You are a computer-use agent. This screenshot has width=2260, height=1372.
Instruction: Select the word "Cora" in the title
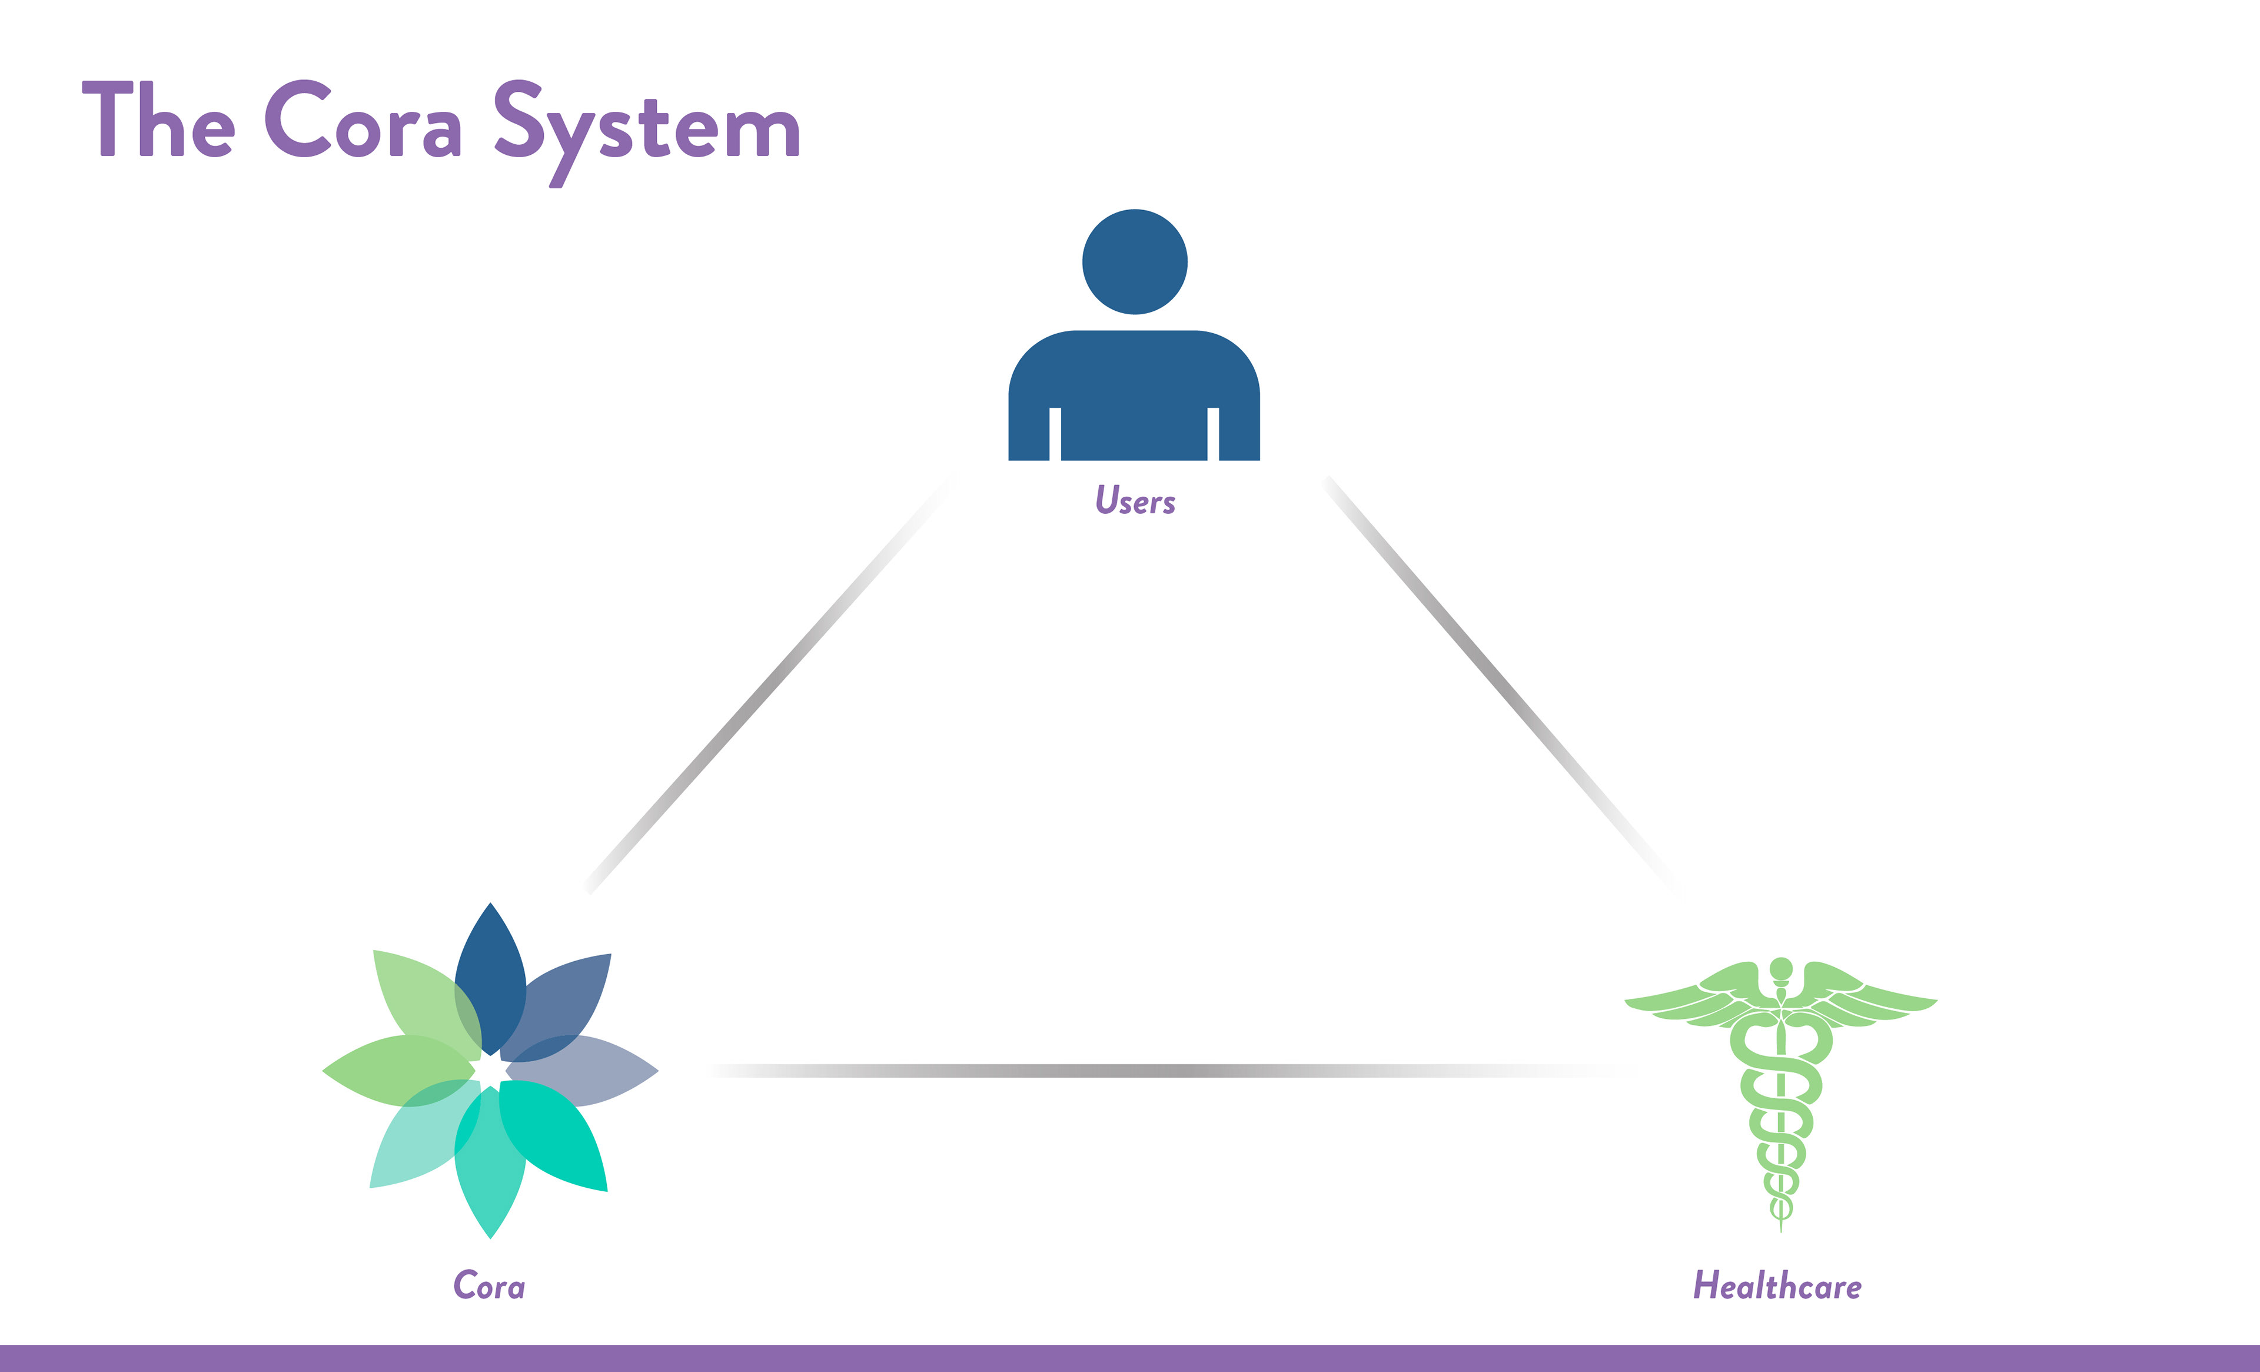click(363, 119)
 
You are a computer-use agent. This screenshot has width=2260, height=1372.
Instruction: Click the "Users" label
click(1135, 500)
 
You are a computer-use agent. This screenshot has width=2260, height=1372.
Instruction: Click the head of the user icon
click(1135, 261)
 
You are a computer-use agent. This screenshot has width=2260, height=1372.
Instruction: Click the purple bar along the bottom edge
click(1130, 1358)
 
